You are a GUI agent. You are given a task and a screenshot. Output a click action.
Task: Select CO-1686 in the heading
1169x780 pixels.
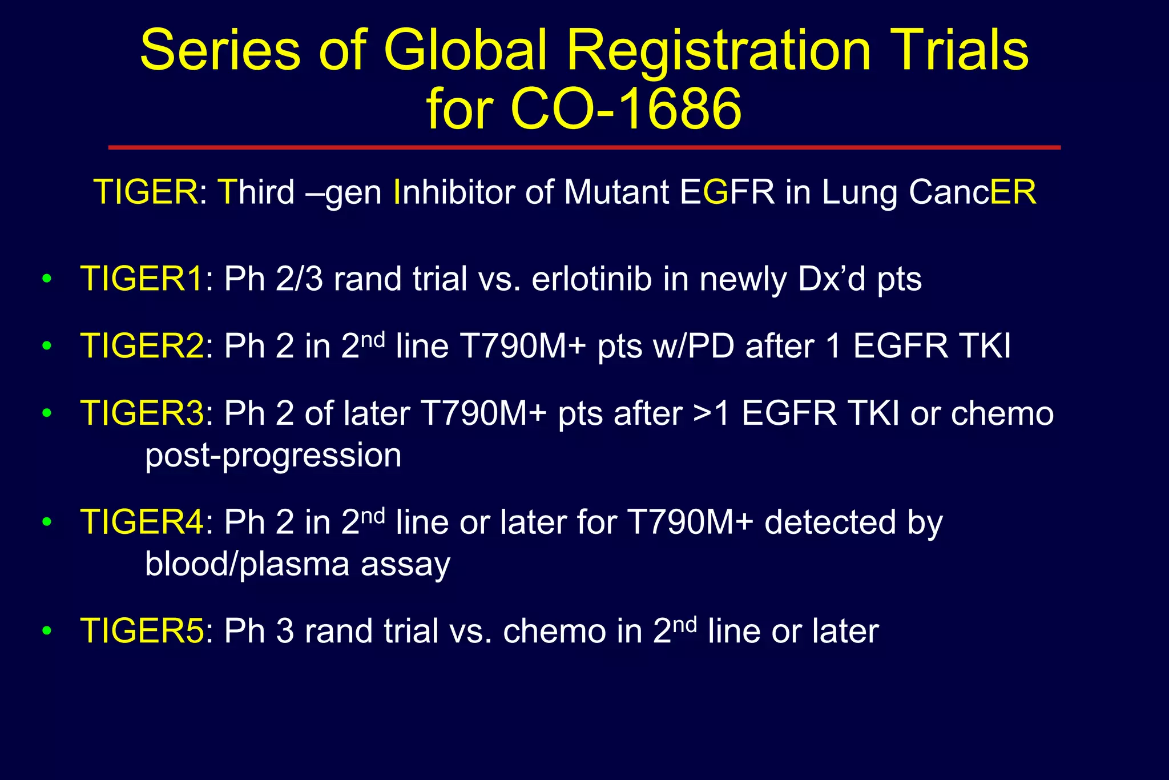[626, 108]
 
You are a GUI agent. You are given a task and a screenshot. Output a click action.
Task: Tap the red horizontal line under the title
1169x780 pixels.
[584, 147]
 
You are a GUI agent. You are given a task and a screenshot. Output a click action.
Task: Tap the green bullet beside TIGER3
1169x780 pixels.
[47, 413]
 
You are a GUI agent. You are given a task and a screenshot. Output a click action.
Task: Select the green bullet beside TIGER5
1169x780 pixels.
[47, 631]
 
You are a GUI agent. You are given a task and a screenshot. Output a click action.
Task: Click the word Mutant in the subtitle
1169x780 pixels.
[616, 192]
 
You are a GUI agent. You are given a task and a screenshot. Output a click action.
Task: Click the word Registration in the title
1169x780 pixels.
[718, 51]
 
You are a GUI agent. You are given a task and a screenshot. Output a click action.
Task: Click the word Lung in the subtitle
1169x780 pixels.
[860, 193]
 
